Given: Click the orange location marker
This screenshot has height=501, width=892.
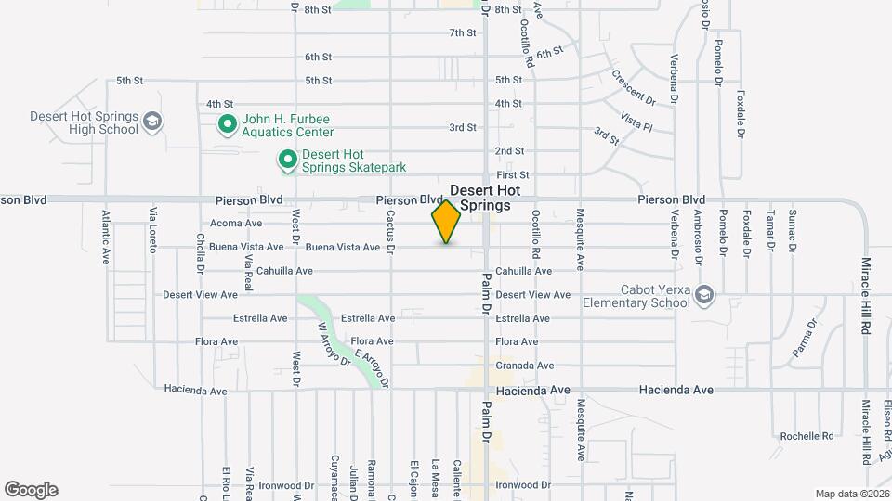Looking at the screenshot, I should (x=446, y=222).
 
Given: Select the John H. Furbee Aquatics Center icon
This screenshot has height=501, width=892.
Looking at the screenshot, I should (x=226, y=123).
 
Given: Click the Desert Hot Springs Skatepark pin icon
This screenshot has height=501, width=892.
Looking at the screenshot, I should (x=288, y=161).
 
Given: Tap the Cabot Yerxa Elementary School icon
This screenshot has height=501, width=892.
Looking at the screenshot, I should (x=705, y=295).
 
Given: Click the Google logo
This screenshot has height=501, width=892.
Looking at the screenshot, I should (x=31, y=490).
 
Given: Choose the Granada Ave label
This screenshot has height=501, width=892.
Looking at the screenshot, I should (x=524, y=366).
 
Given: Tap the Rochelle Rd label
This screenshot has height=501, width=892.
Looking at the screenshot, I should (x=807, y=436).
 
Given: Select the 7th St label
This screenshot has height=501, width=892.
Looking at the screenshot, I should (x=462, y=32).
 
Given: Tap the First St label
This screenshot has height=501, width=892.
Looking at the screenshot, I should (x=512, y=174).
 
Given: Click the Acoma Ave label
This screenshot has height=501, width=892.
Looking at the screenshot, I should (x=236, y=224).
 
